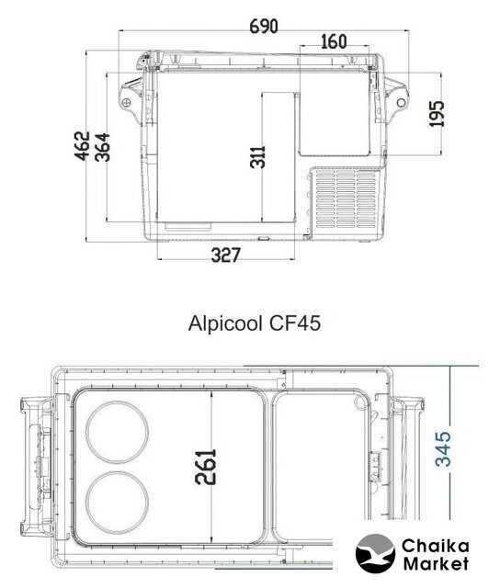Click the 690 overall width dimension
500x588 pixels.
pyautogui.click(x=264, y=27)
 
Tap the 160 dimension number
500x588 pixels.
pyautogui.click(x=334, y=41)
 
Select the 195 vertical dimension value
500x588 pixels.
pyautogui.click(x=437, y=114)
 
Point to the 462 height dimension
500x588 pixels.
pyautogui.click(x=82, y=146)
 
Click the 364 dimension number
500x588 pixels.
pyautogui.click(x=102, y=147)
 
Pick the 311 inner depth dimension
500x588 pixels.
pyautogui.click(x=257, y=157)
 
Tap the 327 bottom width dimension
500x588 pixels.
pyautogui.click(x=225, y=255)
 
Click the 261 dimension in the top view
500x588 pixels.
pyautogui.click(x=206, y=467)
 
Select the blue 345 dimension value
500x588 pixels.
pyautogui.click(x=443, y=449)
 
